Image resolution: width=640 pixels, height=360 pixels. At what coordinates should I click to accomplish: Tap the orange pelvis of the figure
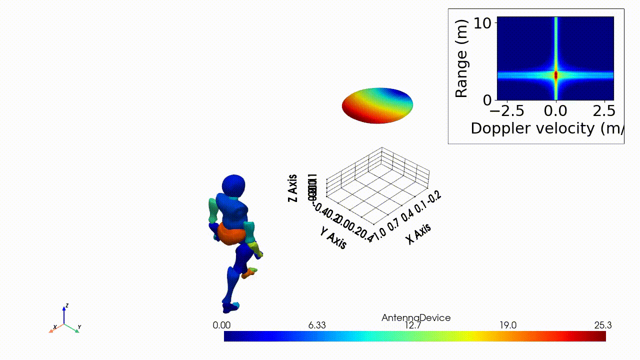coord(230,233)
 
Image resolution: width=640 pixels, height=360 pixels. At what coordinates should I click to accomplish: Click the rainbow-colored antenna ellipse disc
coord(377,105)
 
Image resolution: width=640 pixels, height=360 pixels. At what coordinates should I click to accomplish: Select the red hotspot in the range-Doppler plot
coord(555,75)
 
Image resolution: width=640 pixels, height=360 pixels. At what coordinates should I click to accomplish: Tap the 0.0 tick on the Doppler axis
coord(555,109)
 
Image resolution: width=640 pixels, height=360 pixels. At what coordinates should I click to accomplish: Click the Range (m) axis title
coord(460,58)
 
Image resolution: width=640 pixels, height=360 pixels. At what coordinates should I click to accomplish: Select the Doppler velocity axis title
coord(545,128)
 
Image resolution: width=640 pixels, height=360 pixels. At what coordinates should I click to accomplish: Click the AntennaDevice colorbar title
coord(415,318)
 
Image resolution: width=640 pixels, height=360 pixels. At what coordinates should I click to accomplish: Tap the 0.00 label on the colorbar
coord(221,325)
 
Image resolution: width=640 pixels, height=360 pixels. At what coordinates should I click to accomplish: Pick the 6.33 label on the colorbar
coord(317,325)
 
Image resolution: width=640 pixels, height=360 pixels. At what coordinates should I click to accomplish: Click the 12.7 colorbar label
coord(413,325)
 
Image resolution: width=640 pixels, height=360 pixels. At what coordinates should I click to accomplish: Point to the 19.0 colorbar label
coord(508,325)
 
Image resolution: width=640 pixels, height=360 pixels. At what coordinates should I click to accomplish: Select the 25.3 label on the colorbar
coord(603,325)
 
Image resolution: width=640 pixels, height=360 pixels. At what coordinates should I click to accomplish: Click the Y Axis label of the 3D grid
coord(333,236)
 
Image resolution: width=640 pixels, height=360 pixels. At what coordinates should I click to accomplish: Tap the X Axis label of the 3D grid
coord(418,233)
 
